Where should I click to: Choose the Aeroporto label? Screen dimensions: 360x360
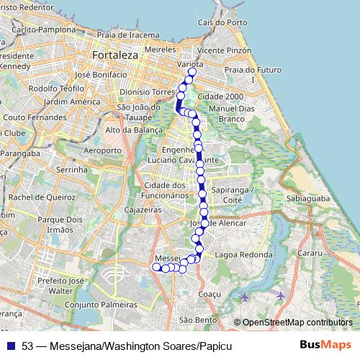(104, 150)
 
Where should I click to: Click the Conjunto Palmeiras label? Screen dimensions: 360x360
(101, 305)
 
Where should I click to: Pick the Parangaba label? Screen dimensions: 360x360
(20, 153)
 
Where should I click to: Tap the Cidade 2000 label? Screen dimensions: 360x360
(220, 96)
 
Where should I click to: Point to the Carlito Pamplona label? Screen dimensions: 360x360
(43, 30)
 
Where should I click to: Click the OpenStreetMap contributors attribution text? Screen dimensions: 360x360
(297, 323)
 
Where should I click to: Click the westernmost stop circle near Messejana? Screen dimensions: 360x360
(156, 266)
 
